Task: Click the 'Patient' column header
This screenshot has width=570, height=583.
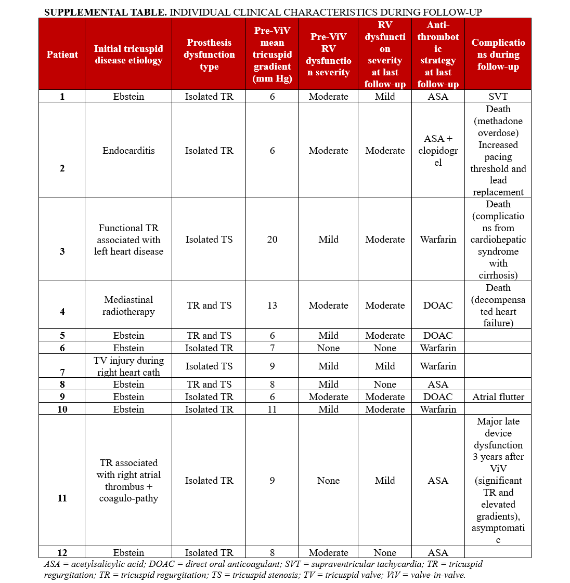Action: point(62,55)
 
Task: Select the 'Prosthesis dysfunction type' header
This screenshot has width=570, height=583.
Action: point(209,55)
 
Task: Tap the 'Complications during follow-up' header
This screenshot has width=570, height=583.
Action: point(498,55)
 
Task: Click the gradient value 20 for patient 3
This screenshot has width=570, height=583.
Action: point(272,240)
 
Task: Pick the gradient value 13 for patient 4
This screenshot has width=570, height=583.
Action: point(272,306)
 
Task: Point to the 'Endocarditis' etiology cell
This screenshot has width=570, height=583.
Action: point(128,151)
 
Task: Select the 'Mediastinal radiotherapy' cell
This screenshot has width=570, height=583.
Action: point(128,306)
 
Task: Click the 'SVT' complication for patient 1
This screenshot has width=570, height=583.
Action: point(498,97)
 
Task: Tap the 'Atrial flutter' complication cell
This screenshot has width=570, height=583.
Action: point(498,397)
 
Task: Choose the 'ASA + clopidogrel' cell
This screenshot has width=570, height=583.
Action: point(438,151)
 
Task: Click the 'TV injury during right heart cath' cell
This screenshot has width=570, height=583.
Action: point(128,366)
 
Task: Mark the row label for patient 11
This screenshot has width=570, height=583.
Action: point(62,498)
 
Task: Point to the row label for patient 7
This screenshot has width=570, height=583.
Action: point(62,373)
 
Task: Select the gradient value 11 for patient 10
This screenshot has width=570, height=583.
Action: point(272,409)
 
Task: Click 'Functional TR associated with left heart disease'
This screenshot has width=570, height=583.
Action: point(128,240)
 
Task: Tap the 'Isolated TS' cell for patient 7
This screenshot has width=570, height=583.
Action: point(209,366)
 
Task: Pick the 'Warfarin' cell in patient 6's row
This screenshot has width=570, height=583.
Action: point(438,348)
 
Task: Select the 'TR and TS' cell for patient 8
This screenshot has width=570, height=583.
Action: point(209,385)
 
